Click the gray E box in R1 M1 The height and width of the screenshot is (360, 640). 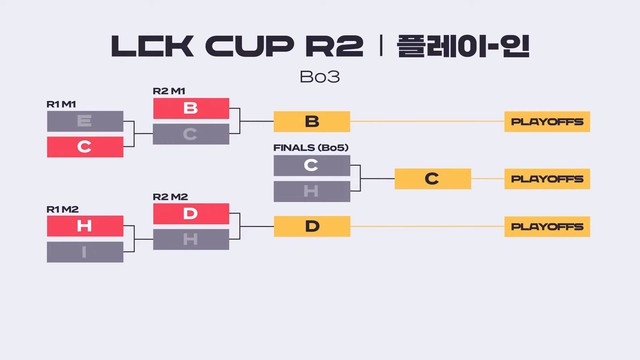(84, 122)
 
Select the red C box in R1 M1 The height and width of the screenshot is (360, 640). (84, 147)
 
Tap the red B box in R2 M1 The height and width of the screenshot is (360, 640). (191, 109)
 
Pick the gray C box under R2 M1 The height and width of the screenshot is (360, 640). (191, 134)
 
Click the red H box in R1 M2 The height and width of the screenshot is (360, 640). (84, 226)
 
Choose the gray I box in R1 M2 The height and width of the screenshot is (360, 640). (84, 252)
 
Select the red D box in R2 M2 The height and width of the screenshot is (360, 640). (191, 213)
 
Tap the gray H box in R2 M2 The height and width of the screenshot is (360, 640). (191, 239)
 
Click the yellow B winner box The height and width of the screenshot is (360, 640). (312, 122)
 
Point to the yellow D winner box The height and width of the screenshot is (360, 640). (312, 226)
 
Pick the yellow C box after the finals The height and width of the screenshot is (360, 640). (432, 179)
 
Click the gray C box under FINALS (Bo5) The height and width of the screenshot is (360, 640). (312, 166)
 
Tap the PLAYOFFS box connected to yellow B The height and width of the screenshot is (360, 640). (547, 122)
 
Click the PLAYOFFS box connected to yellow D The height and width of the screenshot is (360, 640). (547, 226)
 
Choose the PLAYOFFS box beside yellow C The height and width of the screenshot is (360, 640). (547, 179)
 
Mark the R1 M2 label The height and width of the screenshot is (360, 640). (63, 208)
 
